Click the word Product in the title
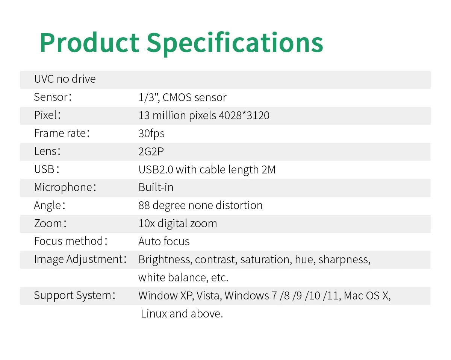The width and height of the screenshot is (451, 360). [89, 43]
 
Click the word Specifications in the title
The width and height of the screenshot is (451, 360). [235, 44]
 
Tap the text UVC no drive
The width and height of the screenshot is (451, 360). [65, 79]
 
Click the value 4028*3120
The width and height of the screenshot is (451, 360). [244, 115]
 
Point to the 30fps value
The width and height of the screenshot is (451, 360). [151, 134]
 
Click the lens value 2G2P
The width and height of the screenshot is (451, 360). [151, 152]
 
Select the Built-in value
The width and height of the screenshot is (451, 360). [156, 187]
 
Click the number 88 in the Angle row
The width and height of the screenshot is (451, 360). [144, 205]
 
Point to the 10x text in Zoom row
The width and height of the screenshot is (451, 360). [147, 223]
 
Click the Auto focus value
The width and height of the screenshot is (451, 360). [164, 241]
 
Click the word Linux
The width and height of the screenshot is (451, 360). [154, 314]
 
